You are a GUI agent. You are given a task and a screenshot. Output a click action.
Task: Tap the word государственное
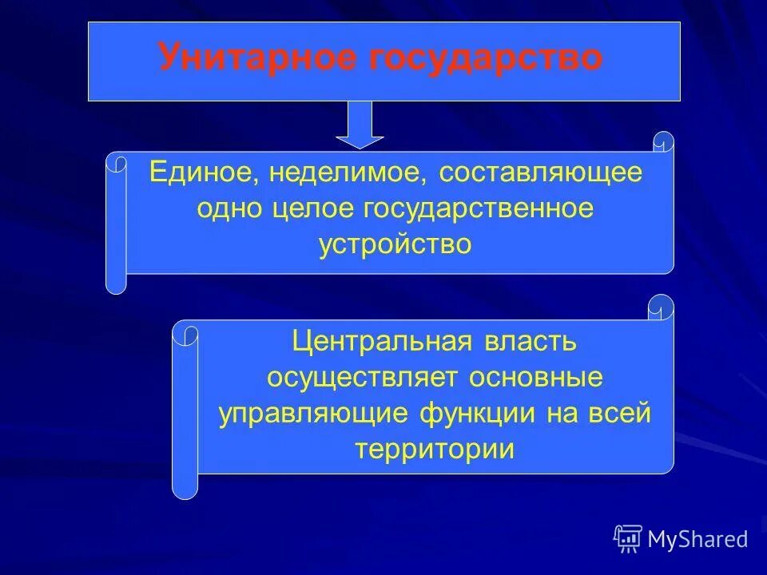pos(479,208)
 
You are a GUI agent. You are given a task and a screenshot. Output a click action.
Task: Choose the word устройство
pos(395,244)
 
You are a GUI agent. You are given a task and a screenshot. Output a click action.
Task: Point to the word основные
pos(535,378)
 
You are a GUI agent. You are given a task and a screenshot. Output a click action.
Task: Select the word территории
pos(435,449)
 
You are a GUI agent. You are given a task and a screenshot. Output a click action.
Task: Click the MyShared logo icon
pos(628,539)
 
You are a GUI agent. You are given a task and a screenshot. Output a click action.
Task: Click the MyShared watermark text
pos(697,540)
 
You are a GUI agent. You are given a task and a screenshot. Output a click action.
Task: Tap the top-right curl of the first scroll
pos(663,142)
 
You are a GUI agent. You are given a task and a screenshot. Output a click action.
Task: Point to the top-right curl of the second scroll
pos(662,307)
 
